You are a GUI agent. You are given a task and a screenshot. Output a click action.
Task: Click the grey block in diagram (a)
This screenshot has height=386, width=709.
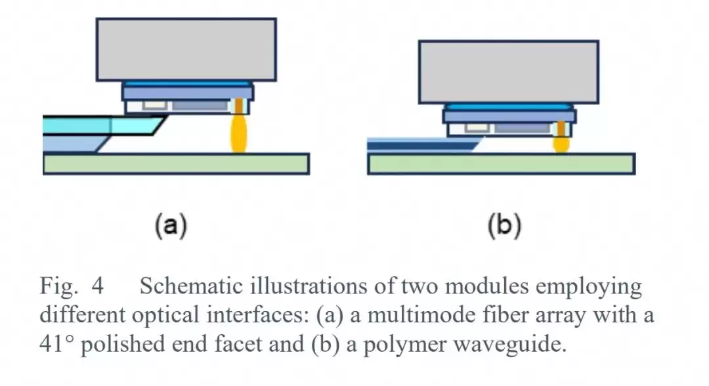tap(186, 50)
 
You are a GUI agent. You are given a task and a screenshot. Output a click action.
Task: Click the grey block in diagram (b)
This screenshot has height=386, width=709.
tap(509, 72)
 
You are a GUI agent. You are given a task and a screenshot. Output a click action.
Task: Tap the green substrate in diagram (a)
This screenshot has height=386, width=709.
tap(177, 163)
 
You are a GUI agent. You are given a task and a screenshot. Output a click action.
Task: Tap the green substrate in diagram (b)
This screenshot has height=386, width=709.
tap(501, 163)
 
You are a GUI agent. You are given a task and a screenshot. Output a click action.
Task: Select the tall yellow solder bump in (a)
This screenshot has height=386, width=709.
tap(239, 134)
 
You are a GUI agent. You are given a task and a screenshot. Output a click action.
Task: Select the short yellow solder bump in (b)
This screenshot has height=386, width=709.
tap(561, 144)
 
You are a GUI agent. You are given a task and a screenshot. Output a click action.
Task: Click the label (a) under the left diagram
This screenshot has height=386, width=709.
tap(171, 226)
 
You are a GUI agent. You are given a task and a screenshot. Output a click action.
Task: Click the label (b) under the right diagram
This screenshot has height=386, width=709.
tap(505, 226)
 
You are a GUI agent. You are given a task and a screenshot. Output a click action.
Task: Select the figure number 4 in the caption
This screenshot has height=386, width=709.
tap(98, 286)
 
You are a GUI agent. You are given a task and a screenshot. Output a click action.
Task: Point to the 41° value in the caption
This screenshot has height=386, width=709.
tap(56, 344)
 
